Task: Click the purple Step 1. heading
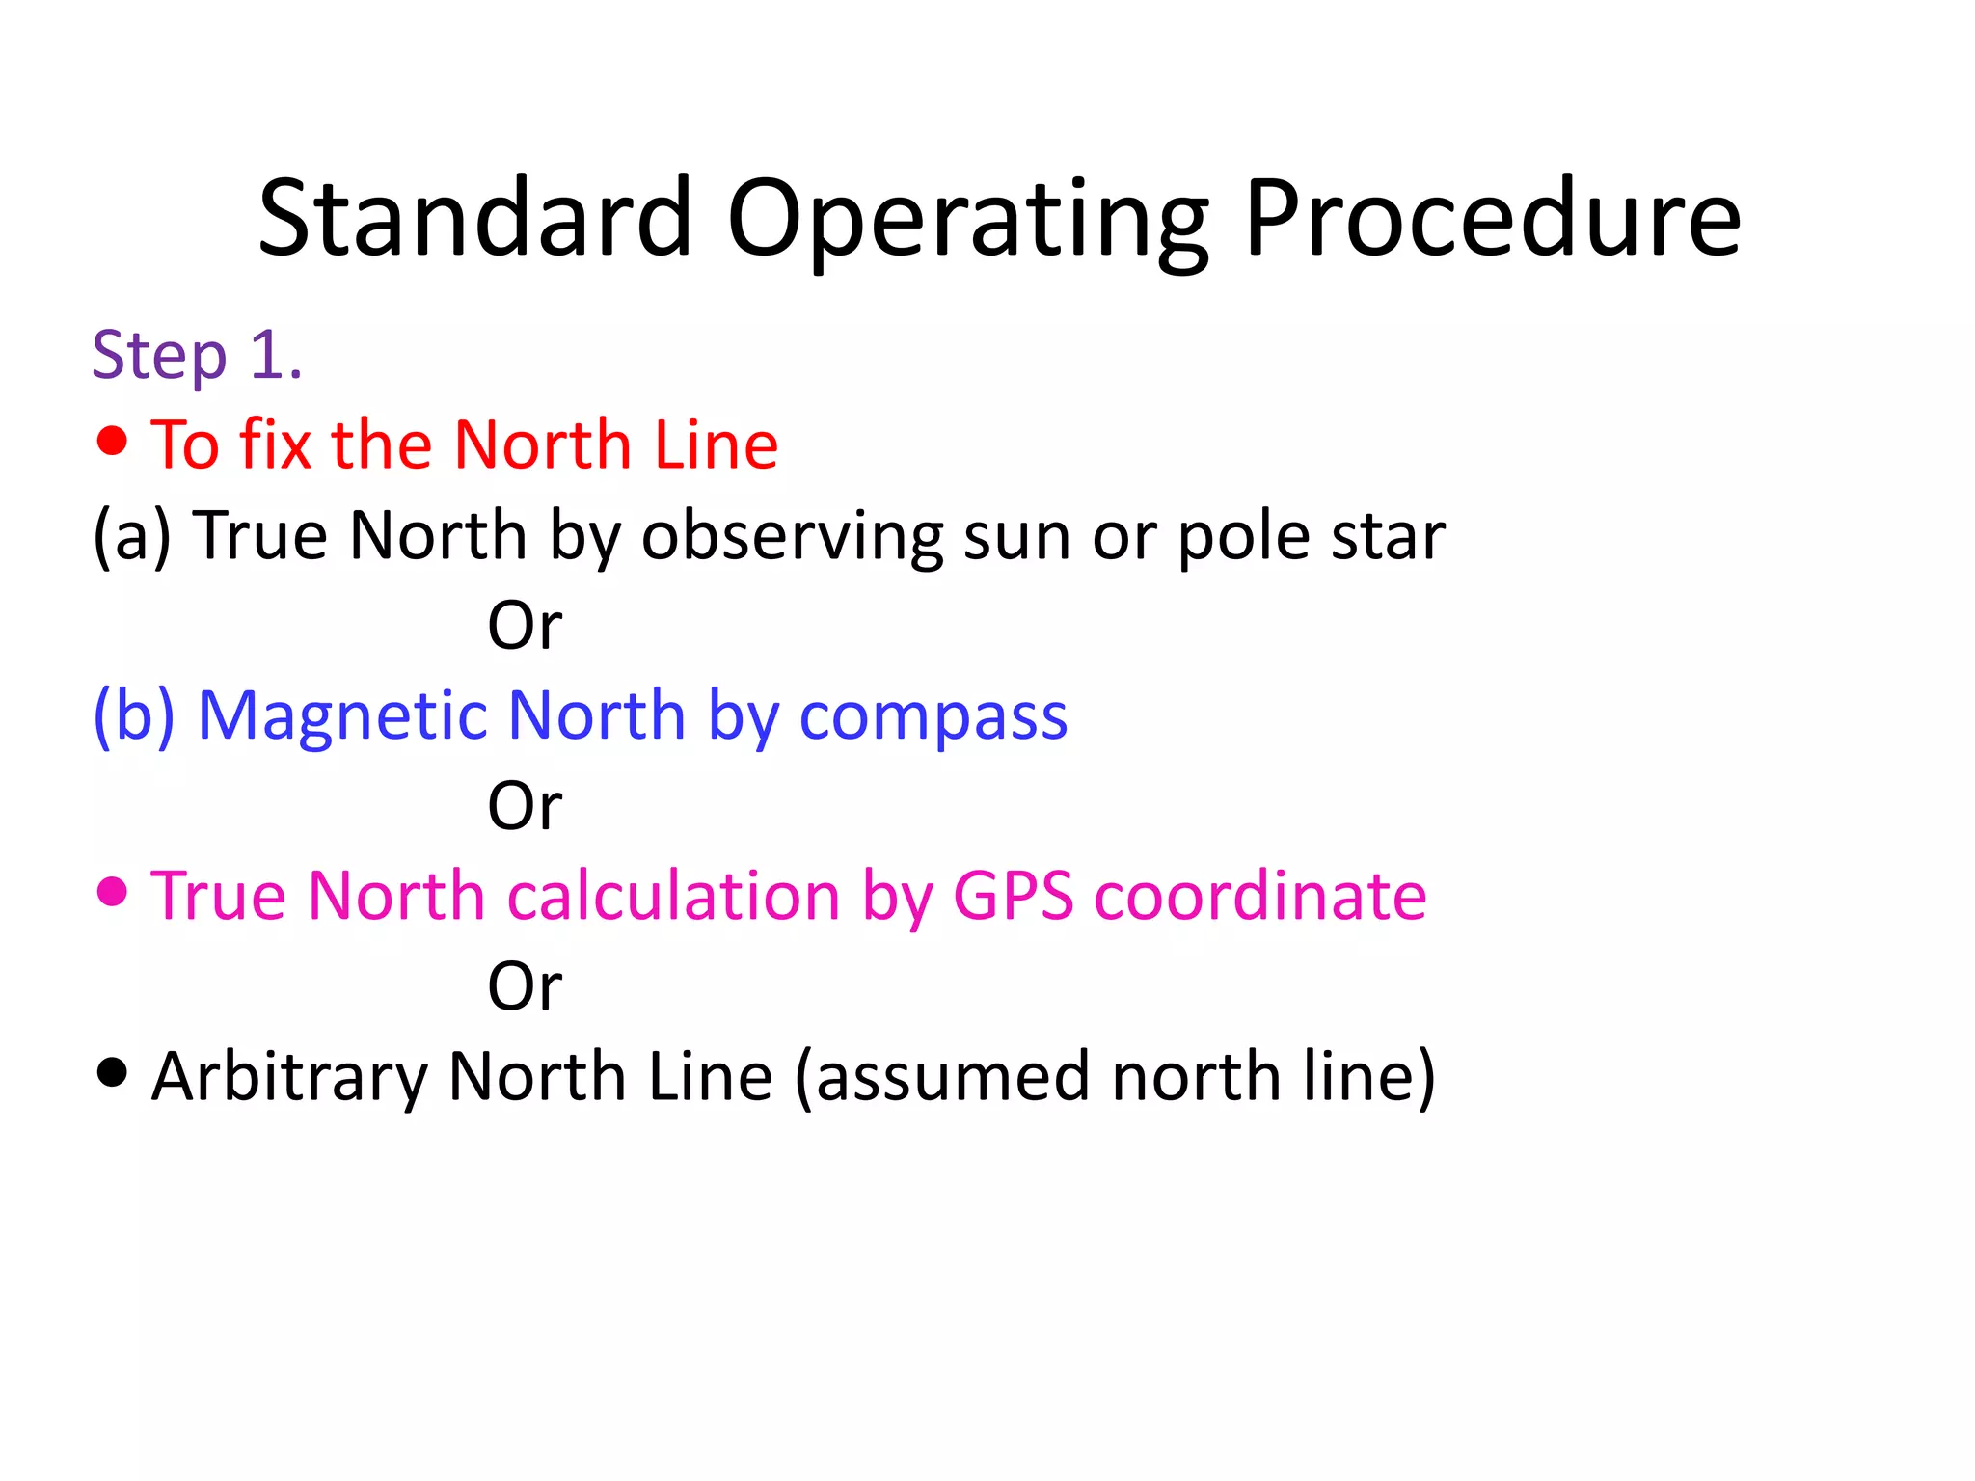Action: click(197, 356)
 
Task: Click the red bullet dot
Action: click(113, 441)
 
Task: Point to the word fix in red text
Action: click(275, 444)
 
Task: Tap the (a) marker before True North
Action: click(132, 535)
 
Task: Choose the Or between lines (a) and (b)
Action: click(525, 626)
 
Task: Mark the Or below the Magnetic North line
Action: click(525, 806)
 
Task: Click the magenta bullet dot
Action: click(113, 892)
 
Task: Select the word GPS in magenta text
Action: click(1013, 896)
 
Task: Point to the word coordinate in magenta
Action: click(1260, 896)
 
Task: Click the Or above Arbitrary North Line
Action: click(525, 986)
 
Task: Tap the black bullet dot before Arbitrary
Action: click(113, 1072)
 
